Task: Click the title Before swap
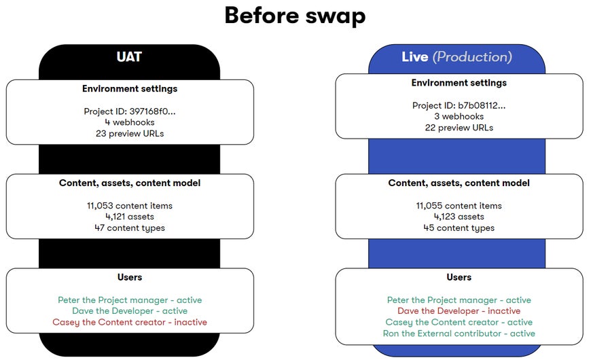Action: coord(295,15)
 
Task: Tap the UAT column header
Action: coord(129,57)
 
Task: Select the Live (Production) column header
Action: coord(456,57)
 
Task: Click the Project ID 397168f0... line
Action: coord(130,111)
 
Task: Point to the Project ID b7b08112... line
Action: coord(459,105)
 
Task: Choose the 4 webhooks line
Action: coord(130,122)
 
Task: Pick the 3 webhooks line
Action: coord(459,116)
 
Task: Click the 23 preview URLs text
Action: coord(130,133)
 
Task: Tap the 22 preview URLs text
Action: coord(459,127)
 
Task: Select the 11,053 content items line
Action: coord(130,206)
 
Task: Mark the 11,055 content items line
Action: coord(459,206)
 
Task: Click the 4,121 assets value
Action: coord(130,217)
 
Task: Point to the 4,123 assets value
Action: coord(459,217)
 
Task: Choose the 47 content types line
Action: coord(130,228)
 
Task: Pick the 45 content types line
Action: coord(459,228)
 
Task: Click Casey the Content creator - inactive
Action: coord(130,322)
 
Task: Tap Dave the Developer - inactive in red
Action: coord(459,311)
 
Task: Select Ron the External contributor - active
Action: coord(459,334)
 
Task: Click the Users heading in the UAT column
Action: coord(130,277)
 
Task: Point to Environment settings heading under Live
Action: coord(459,83)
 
